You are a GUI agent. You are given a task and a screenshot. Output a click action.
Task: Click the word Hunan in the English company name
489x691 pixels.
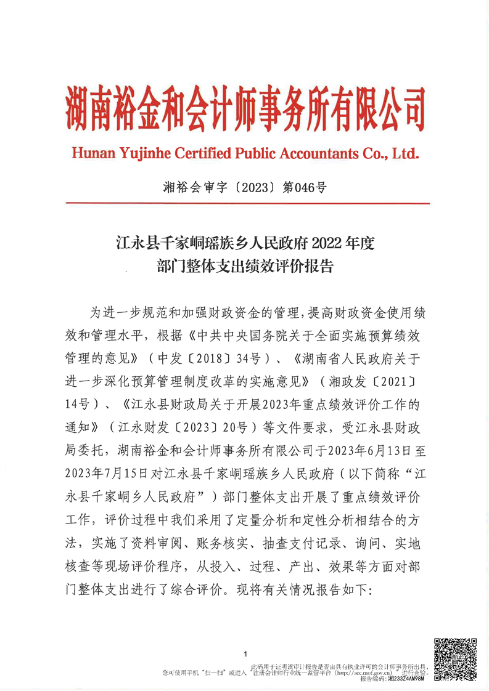(91, 153)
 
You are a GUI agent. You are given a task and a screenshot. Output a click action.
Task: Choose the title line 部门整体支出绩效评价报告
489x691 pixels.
(245, 267)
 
